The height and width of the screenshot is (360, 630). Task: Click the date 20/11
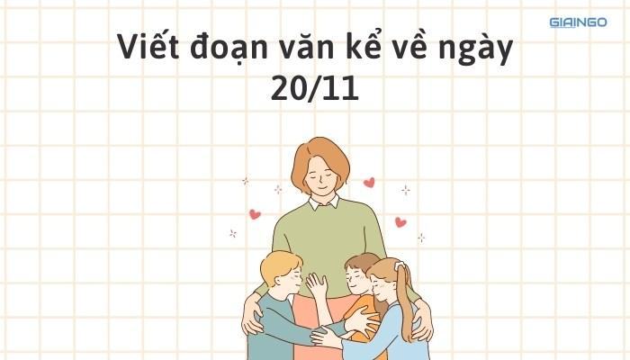314,90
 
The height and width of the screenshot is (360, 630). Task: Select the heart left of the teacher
255,214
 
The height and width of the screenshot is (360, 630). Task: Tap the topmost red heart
369,182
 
